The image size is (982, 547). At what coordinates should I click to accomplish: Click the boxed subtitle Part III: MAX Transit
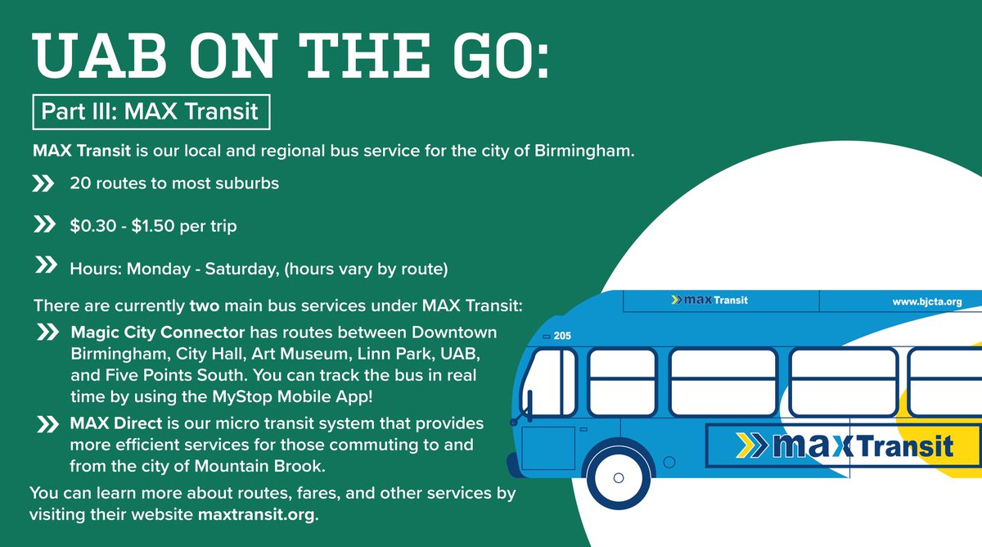[150, 111]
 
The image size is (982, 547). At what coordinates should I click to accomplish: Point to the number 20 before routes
[79, 183]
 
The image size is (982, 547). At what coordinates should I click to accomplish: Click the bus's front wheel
[618, 476]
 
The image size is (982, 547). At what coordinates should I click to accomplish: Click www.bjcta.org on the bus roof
[926, 301]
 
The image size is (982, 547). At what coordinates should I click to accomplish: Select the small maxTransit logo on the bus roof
[709, 300]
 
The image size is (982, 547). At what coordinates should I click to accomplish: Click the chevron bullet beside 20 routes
[43, 184]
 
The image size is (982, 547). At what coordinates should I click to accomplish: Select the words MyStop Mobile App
[314, 395]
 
